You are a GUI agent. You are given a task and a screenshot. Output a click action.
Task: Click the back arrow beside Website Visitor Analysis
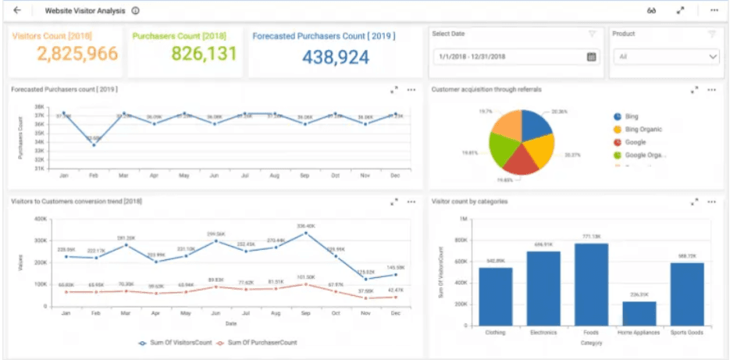[17, 11]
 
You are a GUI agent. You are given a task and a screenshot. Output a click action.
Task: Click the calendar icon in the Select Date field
[591, 57]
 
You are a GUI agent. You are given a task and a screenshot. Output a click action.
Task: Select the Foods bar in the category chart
[592, 284]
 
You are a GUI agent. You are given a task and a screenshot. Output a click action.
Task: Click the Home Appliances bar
[639, 313]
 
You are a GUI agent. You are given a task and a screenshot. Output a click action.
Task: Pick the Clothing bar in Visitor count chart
[496, 297]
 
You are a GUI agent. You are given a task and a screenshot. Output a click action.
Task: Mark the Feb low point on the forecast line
[94, 144]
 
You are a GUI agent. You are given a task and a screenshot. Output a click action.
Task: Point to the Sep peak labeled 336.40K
[305, 233]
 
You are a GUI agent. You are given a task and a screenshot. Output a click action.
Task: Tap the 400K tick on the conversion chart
[41, 219]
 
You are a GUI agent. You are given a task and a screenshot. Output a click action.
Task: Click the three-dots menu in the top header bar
[714, 11]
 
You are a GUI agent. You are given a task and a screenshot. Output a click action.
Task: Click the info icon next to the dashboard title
[136, 11]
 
